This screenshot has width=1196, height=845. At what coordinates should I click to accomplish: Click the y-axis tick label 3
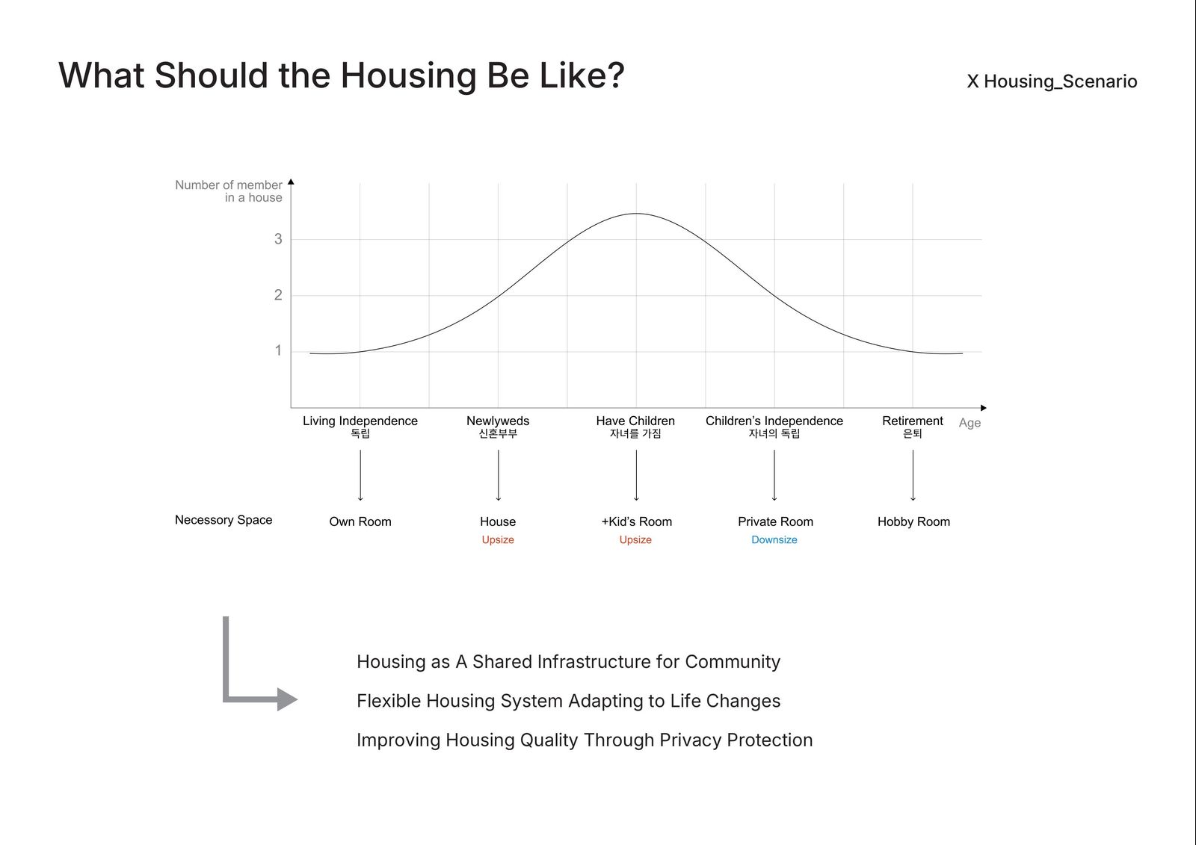[x=278, y=238]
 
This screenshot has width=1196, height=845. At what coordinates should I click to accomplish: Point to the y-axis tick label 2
[x=278, y=294]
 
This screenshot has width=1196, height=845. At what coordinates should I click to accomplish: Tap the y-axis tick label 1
[x=278, y=350]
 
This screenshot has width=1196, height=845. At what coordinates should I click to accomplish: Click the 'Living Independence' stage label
[x=360, y=421]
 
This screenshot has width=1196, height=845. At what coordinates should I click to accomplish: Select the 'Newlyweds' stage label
[x=498, y=421]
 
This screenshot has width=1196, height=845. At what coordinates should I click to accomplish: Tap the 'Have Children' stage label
[x=635, y=421]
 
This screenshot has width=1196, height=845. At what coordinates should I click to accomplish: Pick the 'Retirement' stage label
[x=913, y=421]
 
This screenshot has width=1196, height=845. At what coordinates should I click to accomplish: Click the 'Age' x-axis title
[x=970, y=423]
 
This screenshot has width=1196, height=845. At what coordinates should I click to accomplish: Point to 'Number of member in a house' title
[x=229, y=191]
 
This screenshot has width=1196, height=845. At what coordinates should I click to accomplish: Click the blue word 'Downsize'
[x=774, y=539]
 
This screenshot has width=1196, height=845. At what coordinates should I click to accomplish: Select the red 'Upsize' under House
[x=498, y=539]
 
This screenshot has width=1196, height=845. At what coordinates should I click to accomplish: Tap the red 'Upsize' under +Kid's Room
[x=635, y=539]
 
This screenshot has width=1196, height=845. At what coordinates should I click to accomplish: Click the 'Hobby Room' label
[x=913, y=521]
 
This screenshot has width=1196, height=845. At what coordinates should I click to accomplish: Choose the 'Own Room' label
[x=360, y=521]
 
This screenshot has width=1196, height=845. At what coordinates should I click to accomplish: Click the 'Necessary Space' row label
[x=224, y=520]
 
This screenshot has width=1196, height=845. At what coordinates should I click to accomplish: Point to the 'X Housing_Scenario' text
[x=1052, y=81]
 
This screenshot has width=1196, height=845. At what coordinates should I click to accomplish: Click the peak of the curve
[x=636, y=214]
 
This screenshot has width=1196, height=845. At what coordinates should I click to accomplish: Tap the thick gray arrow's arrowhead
[x=287, y=699]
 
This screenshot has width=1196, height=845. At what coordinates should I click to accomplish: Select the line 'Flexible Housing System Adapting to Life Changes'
[x=569, y=701]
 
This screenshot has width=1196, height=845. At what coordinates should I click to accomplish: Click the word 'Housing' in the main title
[x=408, y=75]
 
